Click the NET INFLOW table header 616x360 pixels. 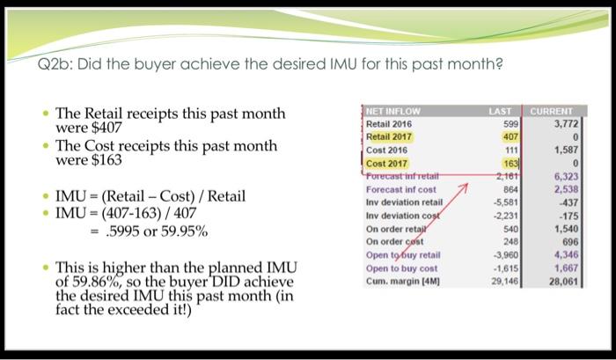[394, 112]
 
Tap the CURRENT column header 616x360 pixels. [552, 112]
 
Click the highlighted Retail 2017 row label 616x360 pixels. [389, 137]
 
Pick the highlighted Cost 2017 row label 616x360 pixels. [386, 163]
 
